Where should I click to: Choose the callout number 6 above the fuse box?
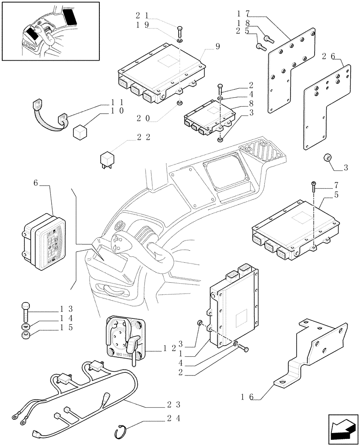point(36,183)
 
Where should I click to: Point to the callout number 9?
point(218,46)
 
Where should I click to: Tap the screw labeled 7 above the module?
point(314,186)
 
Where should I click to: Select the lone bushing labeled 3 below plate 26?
point(327,158)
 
